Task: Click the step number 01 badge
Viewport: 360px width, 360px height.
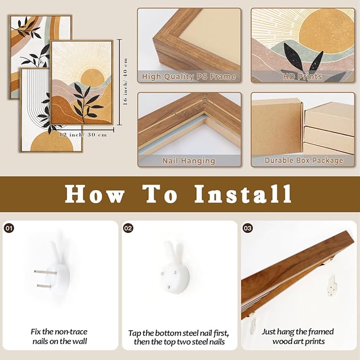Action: click(9, 228)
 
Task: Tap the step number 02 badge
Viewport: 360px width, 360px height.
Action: click(128, 228)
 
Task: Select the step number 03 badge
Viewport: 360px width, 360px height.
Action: click(248, 228)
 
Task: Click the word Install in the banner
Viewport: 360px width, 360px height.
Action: click(242, 194)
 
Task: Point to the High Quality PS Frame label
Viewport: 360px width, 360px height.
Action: click(189, 76)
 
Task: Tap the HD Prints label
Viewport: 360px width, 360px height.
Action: click(302, 76)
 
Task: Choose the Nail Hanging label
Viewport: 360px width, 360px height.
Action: click(189, 160)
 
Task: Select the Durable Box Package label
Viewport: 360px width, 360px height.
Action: click(302, 160)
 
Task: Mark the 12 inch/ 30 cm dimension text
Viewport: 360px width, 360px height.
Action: click(83, 135)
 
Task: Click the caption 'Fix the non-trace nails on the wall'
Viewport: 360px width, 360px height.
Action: click(59, 337)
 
